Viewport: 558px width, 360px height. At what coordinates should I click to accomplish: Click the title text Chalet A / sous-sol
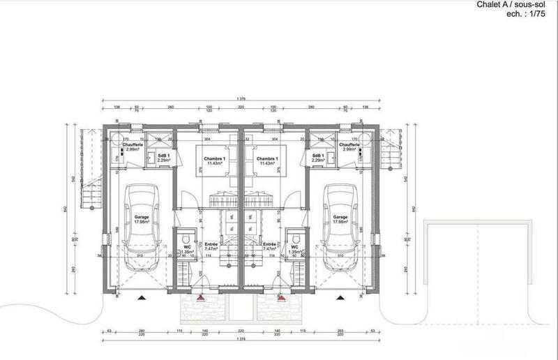pyautogui.click(x=518, y=6)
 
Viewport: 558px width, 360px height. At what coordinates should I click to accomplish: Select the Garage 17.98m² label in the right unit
pyautogui.click(x=340, y=219)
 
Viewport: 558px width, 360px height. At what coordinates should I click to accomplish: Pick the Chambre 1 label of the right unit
pyautogui.click(x=267, y=161)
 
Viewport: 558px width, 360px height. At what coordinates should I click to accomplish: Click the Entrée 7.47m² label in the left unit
pyautogui.click(x=212, y=246)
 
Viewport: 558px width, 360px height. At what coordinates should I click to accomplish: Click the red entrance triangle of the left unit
pyautogui.click(x=200, y=297)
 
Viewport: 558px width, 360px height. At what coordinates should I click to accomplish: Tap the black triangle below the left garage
pyautogui.click(x=142, y=297)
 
